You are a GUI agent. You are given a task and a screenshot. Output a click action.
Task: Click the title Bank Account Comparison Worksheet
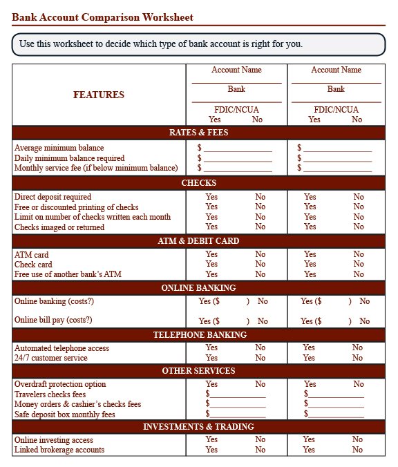(x=102, y=17)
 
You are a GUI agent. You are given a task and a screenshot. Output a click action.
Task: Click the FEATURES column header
(x=99, y=95)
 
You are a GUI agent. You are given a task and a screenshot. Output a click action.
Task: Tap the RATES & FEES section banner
(x=198, y=133)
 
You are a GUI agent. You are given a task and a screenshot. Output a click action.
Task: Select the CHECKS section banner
(x=198, y=183)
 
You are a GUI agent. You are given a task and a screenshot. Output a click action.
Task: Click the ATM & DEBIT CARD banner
(x=198, y=241)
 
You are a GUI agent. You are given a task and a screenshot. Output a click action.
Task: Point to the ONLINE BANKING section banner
(x=198, y=288)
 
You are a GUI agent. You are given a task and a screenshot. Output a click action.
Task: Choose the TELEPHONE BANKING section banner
(x=198, y=335)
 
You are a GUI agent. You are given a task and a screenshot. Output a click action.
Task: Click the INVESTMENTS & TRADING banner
(x=198, y=427)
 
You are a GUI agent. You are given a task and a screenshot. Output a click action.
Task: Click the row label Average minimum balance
(x=59, y=148)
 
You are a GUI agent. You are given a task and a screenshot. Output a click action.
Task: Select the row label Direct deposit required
(x=53, y=197)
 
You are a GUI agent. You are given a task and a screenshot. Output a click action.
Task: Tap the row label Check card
(x=33, y=265)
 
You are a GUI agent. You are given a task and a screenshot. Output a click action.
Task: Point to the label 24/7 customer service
(x=51, y=358)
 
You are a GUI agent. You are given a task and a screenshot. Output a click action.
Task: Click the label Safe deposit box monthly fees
(x=65, y=414)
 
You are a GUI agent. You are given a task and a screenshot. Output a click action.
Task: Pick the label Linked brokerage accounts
(x=59, y=450)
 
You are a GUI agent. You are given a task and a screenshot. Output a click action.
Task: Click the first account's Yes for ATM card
(x=211, y=254)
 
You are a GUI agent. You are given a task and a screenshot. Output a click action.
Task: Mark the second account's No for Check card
(x=359, y=264)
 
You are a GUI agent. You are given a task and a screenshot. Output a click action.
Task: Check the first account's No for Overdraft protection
(x=260, y=384)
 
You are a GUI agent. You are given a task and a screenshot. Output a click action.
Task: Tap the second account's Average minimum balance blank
(x=337, y=148)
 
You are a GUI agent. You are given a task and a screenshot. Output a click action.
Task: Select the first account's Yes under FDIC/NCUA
(x=215, y=120)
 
